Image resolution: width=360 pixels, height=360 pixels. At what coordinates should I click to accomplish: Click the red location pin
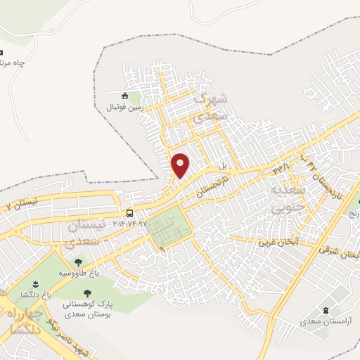181,165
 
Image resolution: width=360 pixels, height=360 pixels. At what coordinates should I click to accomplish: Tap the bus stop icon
129,213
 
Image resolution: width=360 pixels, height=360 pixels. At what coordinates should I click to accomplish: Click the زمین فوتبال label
124,107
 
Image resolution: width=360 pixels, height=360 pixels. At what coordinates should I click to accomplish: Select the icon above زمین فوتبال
124,96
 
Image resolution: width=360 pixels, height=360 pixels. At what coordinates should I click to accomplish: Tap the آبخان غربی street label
278,241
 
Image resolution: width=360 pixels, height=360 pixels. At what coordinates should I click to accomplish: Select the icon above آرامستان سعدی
325,310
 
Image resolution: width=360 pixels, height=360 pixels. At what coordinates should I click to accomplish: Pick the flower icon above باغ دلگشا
36,283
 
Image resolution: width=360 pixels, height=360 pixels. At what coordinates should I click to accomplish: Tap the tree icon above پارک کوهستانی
87,293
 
